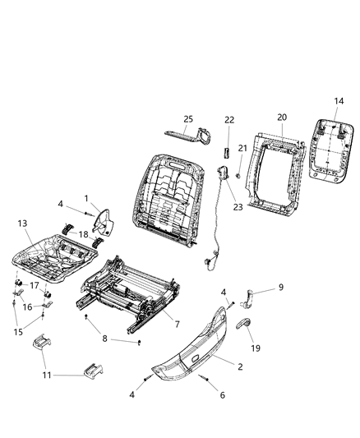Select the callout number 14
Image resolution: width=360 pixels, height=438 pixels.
(x=339, y=102)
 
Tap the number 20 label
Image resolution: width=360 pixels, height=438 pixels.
(x=281, y=118)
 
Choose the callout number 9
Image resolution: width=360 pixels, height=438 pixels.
(x=280, y=287)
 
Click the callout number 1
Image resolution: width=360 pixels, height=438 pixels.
(x=86, y=198)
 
